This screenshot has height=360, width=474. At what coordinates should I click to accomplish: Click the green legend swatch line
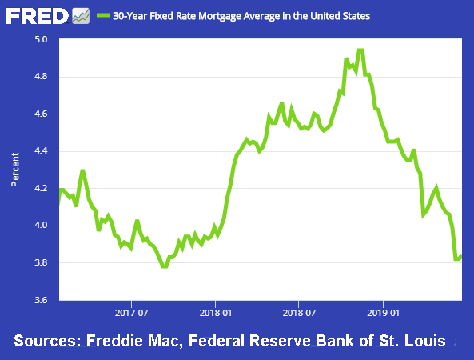[102, 15]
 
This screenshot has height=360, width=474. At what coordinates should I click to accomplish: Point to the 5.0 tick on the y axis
[41, 39]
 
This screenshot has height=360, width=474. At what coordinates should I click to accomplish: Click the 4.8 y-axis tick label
[41, 77]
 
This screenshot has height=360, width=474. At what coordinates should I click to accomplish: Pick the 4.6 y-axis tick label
[41, 114]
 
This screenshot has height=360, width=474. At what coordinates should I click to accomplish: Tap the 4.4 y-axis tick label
[41, 151]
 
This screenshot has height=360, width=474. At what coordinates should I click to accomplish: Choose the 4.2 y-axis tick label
[41, 189]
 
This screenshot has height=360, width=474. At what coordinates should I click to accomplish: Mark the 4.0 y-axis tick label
[41, 226]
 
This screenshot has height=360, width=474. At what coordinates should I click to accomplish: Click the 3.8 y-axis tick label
[41, 263]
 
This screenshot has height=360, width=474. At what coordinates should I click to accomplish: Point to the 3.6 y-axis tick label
[41, 301]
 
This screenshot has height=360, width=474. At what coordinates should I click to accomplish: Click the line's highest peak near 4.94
[360, 51]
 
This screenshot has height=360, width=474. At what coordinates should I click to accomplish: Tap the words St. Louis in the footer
[414, 342]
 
